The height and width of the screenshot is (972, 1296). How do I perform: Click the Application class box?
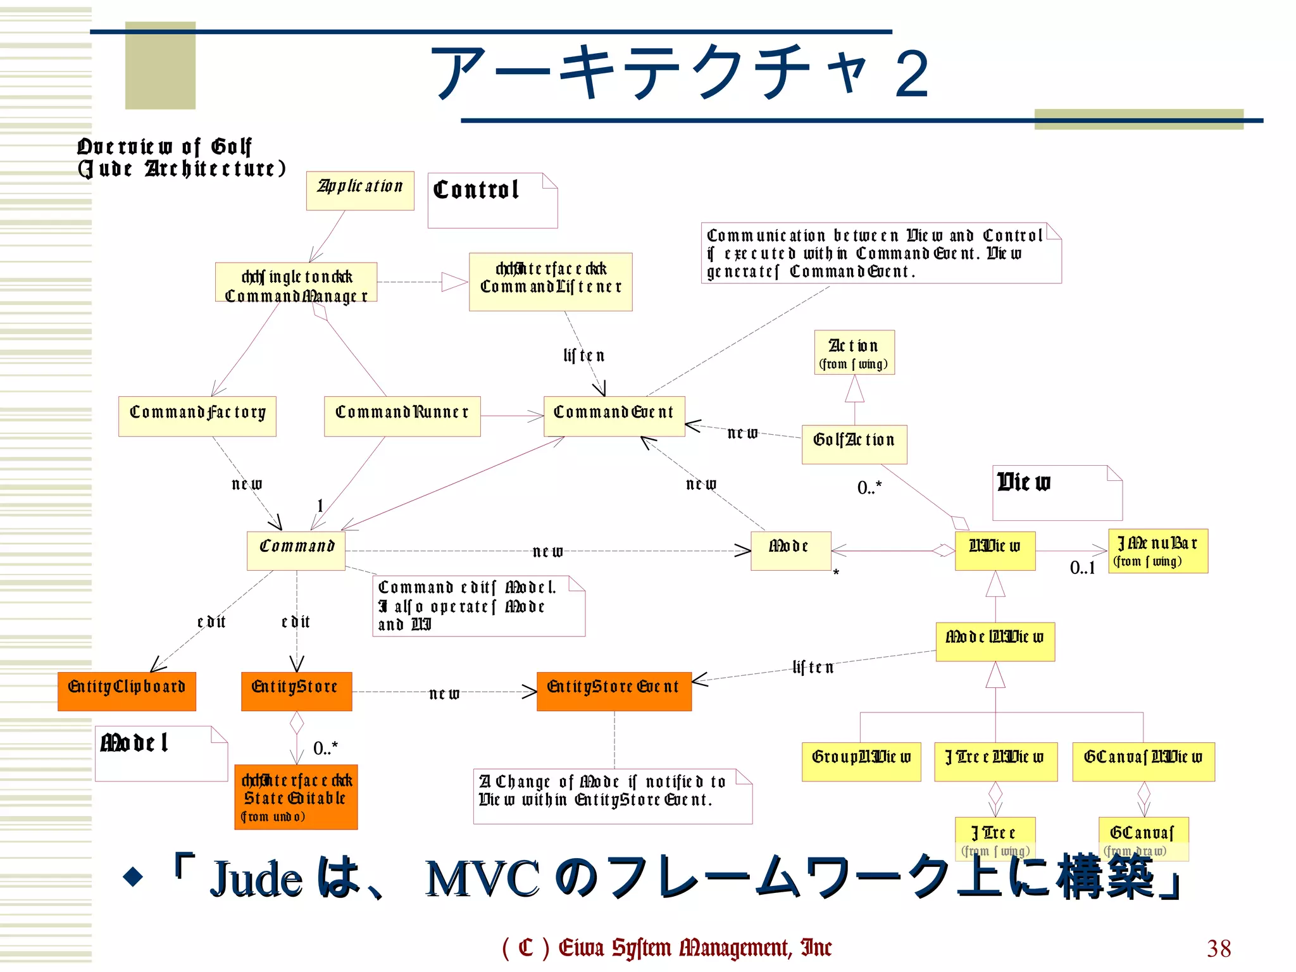pos(360,190)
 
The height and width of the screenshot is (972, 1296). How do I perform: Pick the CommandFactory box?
pos(197,416)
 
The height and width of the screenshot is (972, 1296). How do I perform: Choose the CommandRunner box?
pos(402,416)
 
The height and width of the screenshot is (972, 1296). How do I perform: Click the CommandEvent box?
pos(614,416)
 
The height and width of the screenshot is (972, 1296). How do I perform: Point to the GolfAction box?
pos(854,444)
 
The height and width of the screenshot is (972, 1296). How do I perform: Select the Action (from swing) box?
pos(854,352)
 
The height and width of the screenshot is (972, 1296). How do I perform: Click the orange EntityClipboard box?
pos(127,691)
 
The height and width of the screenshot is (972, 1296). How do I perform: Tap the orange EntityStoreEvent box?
pos(614,691)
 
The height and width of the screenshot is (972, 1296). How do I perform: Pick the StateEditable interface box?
pos(296,797)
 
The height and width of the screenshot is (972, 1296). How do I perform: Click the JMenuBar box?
pos(1158,551)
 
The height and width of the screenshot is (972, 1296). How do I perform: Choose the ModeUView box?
pos(995,642)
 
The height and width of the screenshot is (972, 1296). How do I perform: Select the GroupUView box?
pos(861,761)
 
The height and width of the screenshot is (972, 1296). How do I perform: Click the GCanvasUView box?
pos(1143,761)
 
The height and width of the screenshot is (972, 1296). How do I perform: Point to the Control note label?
pos(477,190)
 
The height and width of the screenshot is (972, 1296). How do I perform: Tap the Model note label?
pos(135,743)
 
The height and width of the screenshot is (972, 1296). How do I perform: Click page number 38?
pos(1219,948)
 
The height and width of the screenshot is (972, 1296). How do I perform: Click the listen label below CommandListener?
pos(583,356)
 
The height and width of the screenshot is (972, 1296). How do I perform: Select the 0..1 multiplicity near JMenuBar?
pos(1082,568)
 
